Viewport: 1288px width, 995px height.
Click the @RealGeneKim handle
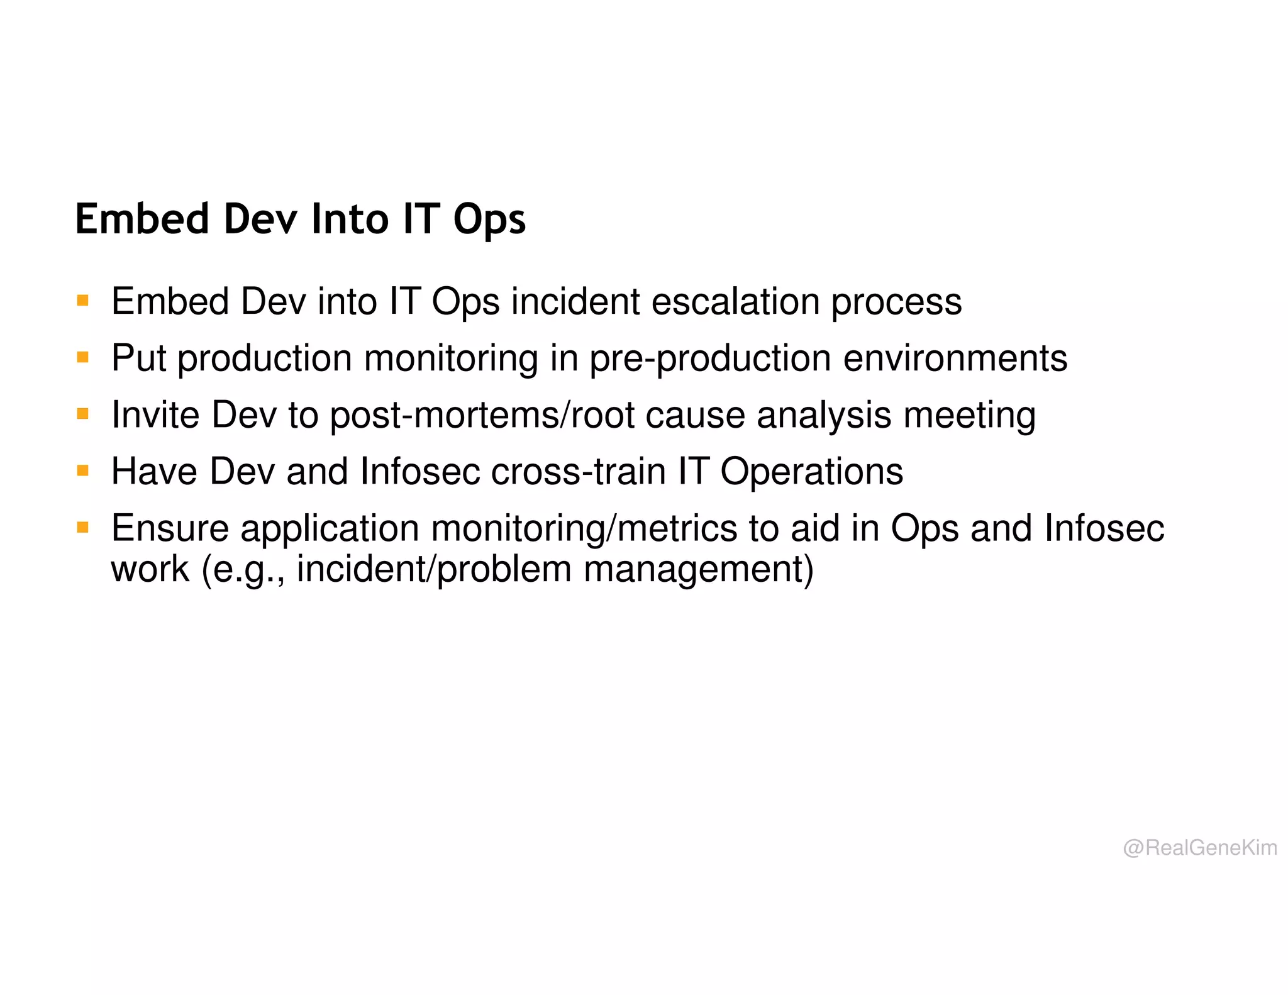click(x=1200, y=848)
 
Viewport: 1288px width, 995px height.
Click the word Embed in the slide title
click(x=142, y=219)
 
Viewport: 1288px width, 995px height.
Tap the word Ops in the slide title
click(x=489, y=220)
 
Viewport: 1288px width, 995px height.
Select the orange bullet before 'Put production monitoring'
click(x=82, y=357)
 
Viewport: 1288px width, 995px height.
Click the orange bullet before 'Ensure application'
click(x=82, y=527)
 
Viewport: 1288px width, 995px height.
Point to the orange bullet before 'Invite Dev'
click(x=82, y=414)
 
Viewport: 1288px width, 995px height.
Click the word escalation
click(x=735, y=301)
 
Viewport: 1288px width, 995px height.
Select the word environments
click(x=955, y=358)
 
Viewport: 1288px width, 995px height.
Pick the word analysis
click(x=824, y=415)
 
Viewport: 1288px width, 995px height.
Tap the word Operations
click(x=811, y=472)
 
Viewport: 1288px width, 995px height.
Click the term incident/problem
click(x=433, y=569)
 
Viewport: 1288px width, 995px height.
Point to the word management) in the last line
click(x=699, y=569)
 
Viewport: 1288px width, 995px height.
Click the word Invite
click(x=155, y=415)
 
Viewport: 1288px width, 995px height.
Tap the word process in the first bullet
click(x=896, y=303)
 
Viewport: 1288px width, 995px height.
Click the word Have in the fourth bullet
click(x=154, y=471)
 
